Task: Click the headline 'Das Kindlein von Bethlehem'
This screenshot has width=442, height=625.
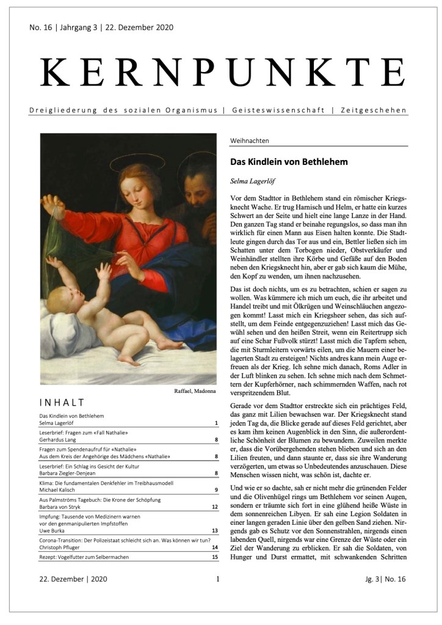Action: coord(289,163)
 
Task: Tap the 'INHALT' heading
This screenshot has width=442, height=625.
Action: coord(61,403)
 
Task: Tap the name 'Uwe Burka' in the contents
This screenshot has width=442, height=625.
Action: coord(54,531)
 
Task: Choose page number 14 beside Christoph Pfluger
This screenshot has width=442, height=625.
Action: coord(214,548)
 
